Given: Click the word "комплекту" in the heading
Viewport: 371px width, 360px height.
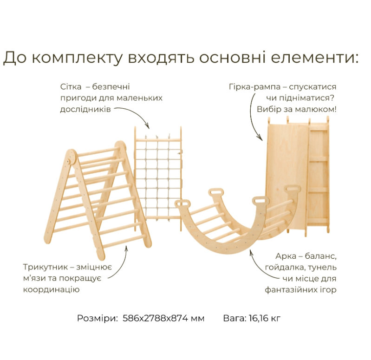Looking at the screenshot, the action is pos(77,58).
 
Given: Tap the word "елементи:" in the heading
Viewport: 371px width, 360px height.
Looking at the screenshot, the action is pos(315,57).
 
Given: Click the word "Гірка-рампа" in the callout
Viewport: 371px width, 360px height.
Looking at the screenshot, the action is pos(254,87).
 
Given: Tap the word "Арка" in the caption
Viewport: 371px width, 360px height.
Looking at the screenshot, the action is pos(286,256).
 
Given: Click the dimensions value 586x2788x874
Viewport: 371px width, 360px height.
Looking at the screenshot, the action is pos(156,318).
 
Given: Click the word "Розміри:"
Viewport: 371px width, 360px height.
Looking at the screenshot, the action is pos(98,318).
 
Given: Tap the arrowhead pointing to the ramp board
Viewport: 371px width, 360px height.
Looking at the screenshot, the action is pos(260,137).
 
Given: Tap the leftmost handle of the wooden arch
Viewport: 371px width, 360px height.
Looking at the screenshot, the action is pos(182,203).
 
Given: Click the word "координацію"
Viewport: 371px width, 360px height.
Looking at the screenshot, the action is pos(51,290).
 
